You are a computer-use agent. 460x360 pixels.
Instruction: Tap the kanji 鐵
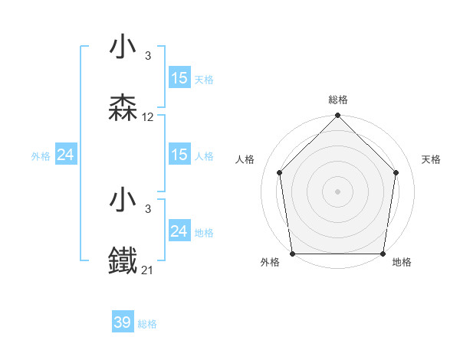click(123, 261)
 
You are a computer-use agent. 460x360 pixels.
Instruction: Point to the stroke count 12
click(148, 117)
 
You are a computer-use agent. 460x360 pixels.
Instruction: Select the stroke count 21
click(148, 270)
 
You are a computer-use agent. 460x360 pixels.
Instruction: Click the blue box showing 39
click(123, 322)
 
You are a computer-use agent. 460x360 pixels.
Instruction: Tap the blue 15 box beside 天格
click(179, 78)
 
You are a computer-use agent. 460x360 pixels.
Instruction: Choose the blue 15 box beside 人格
click(179, 155)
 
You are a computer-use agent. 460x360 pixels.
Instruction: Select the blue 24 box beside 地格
click(179, 231)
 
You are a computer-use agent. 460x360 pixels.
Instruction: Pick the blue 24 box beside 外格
click(66, 155)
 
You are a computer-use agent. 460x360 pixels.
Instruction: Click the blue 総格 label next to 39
click(147, 324)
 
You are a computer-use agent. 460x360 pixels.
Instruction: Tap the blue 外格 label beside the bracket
click(41, 156)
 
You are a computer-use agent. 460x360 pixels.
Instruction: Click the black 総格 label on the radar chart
click(337, 100)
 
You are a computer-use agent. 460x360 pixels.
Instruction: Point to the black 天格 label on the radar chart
click(432, 159)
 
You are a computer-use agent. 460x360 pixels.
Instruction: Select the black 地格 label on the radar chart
click(402, 263)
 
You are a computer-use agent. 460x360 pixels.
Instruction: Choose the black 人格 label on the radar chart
click(245, 159)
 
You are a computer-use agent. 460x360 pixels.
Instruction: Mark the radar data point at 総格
click(337, 116)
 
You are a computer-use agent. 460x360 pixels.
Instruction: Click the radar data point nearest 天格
click(396, 172)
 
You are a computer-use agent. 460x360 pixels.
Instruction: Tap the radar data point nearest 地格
click(383, 254)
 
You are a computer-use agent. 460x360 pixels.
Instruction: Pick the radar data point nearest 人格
click(279, 172)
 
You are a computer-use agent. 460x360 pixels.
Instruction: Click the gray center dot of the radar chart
click(337, 191)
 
